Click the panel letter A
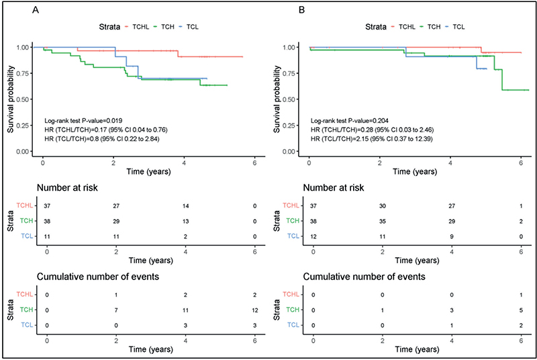(36, 10)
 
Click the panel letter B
(301, 10)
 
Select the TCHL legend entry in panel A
(137, 27)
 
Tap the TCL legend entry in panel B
(455, 27)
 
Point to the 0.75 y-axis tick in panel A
(23, 73)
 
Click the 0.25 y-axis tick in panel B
(289, 126)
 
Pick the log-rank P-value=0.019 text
(83, 121)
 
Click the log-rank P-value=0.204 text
(349, 121)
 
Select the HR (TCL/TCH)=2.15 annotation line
(372, 139)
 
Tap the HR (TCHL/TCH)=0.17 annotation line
(106, 130)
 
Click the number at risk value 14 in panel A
(186, 206)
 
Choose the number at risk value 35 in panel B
(383, 221)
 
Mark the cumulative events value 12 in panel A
(255, 310)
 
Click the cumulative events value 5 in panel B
(521, 310)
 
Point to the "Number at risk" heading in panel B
(334, 187)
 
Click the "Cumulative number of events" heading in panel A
(98, 277)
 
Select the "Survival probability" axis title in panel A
(11, 99)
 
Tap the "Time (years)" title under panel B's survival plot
(415, 171)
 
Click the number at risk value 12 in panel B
(313, 236)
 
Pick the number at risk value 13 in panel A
(186, 221)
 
